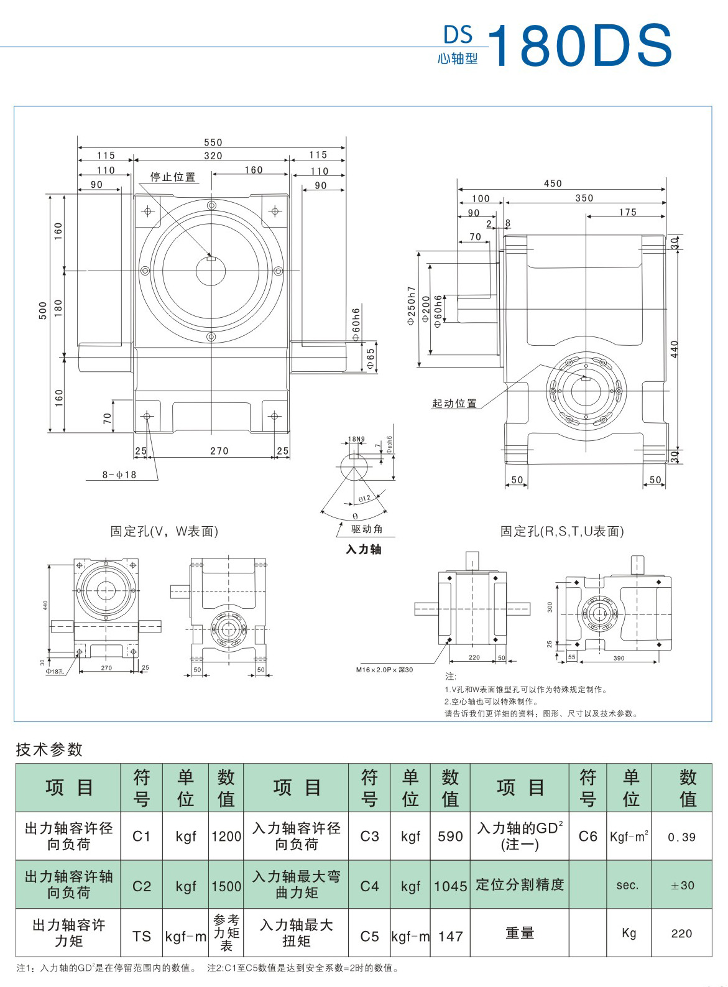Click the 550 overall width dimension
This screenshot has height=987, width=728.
[x=213, y=142]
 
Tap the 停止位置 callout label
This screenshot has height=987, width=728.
[x=173, y=177]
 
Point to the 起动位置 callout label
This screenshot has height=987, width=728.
[x=454, y=403]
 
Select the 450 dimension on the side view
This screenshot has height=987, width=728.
[x=553, y=183]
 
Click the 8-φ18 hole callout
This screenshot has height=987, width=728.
[x=119, y=475]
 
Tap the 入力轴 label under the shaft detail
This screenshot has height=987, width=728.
[x=364, y=549]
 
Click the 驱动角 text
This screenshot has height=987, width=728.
[x=367, y=529]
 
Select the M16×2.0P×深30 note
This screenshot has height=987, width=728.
[x=384, y=670]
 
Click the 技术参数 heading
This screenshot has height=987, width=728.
[x=49, y=749]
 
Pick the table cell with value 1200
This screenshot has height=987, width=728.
[x=226, y=836]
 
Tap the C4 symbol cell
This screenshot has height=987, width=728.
[x=369, y=886]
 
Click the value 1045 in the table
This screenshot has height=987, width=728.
[x=450, y=886]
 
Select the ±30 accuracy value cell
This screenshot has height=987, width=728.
[x=682, y=886]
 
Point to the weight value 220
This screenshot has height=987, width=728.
[x=682, y=934]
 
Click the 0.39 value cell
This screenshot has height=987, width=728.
[x=682, y=837]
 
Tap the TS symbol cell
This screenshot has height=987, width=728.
[x=142, y=935]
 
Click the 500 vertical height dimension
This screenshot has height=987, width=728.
[x=43, y=311]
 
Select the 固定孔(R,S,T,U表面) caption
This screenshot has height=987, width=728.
[x=562, y=531]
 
